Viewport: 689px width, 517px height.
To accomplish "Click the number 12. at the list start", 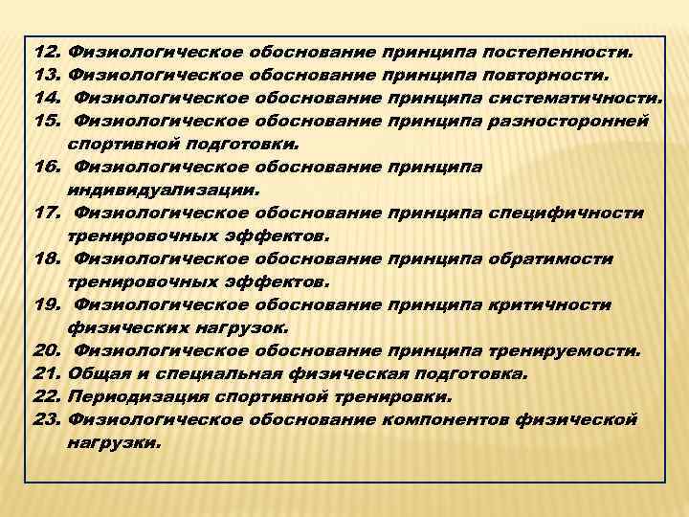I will point(45,52).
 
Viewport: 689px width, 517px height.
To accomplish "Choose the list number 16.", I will point(46,167).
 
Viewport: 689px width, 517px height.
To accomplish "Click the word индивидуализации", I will point(163,190).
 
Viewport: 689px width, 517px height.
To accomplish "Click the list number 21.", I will point(45,373).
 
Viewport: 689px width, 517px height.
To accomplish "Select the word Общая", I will point(104,373).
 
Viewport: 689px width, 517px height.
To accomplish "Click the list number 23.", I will point(45,419).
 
